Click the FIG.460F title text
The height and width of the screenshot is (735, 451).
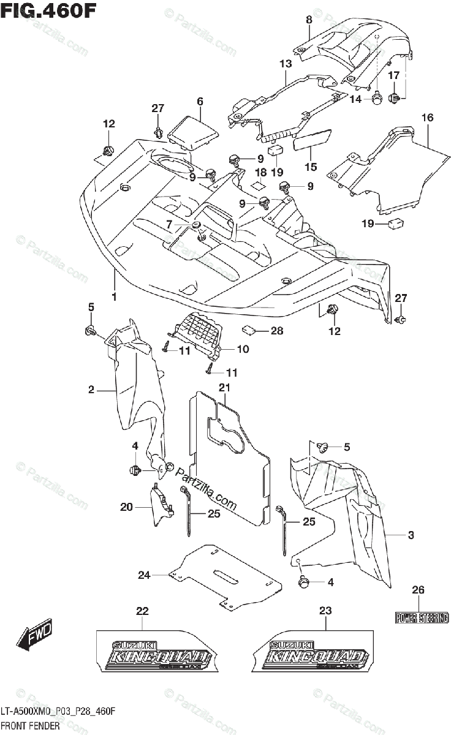pos(48,10)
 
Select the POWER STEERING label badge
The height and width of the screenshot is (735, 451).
pos(422,618)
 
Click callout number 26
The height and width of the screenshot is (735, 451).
pos(418,590)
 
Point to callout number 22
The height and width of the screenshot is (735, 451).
pos(142,611)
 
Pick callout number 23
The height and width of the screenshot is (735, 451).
pos(325,611)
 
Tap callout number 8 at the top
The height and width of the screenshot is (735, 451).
pos(309,20)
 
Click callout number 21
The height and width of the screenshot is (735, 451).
pos(224,387)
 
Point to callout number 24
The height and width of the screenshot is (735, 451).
pos(144,575)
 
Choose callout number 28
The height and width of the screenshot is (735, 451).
pos(277,331)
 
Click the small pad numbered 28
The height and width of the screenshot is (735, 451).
pos(249,330)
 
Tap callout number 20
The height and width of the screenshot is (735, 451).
pos(127,507)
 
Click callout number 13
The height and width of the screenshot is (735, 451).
pos(286,64)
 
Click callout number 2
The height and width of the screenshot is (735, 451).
pos(91,390)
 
